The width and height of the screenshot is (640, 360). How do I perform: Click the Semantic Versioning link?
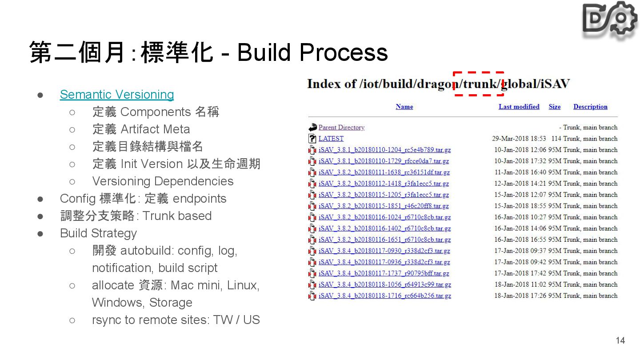tap(117, 94)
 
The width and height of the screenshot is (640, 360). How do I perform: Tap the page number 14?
tap(620, 340)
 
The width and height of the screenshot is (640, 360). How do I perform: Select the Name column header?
tap(404, 107)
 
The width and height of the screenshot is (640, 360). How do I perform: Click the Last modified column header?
tap(519, 107)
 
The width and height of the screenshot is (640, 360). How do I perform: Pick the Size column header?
tap(554, 107)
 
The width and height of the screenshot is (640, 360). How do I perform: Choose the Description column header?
tap(590, 107)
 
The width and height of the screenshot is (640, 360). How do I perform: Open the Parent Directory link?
tap(341, 128)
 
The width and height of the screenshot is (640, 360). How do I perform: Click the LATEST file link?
tap(331, 139)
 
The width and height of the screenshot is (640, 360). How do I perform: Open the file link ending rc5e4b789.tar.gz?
tap(384, 150)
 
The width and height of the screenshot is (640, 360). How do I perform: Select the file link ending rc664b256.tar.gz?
tap(384, 296)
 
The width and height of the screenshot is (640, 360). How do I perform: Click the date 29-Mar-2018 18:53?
tap(519, 139)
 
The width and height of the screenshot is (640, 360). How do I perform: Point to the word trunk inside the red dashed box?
tap(479, 84)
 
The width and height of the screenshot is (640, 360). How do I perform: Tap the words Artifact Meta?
tap(155, 129)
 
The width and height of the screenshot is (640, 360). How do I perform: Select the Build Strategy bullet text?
tap(98, 233)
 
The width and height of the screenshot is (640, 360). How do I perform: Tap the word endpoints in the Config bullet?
tap(199, 199)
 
